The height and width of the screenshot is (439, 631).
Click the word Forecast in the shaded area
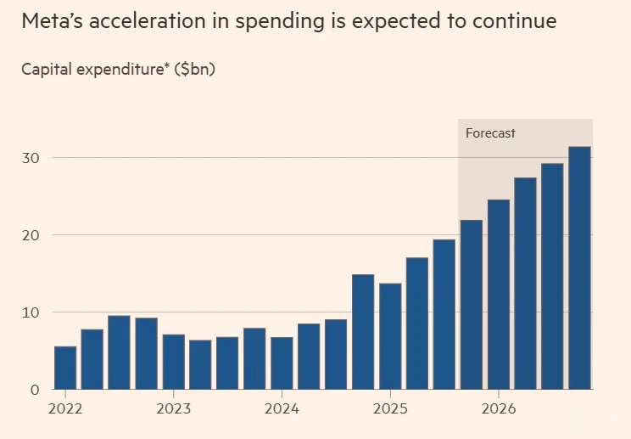[x=490, y=133]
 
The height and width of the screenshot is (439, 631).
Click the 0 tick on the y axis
[x=34, y=390]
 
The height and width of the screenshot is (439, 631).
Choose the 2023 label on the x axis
[x=173, y=409]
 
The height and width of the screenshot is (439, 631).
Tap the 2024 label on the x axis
[x=282, y=409]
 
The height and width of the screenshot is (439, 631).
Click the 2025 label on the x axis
[x=389, y=409]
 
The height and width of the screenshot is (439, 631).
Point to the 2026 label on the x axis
[x=498, y=409]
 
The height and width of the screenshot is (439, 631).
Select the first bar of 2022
[x=65, y=368]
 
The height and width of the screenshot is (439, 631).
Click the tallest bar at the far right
[x=579, y=268]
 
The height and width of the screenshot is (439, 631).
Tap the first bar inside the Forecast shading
[x=471, y=305]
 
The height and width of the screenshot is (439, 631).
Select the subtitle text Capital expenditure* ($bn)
[x=119, y=70]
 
